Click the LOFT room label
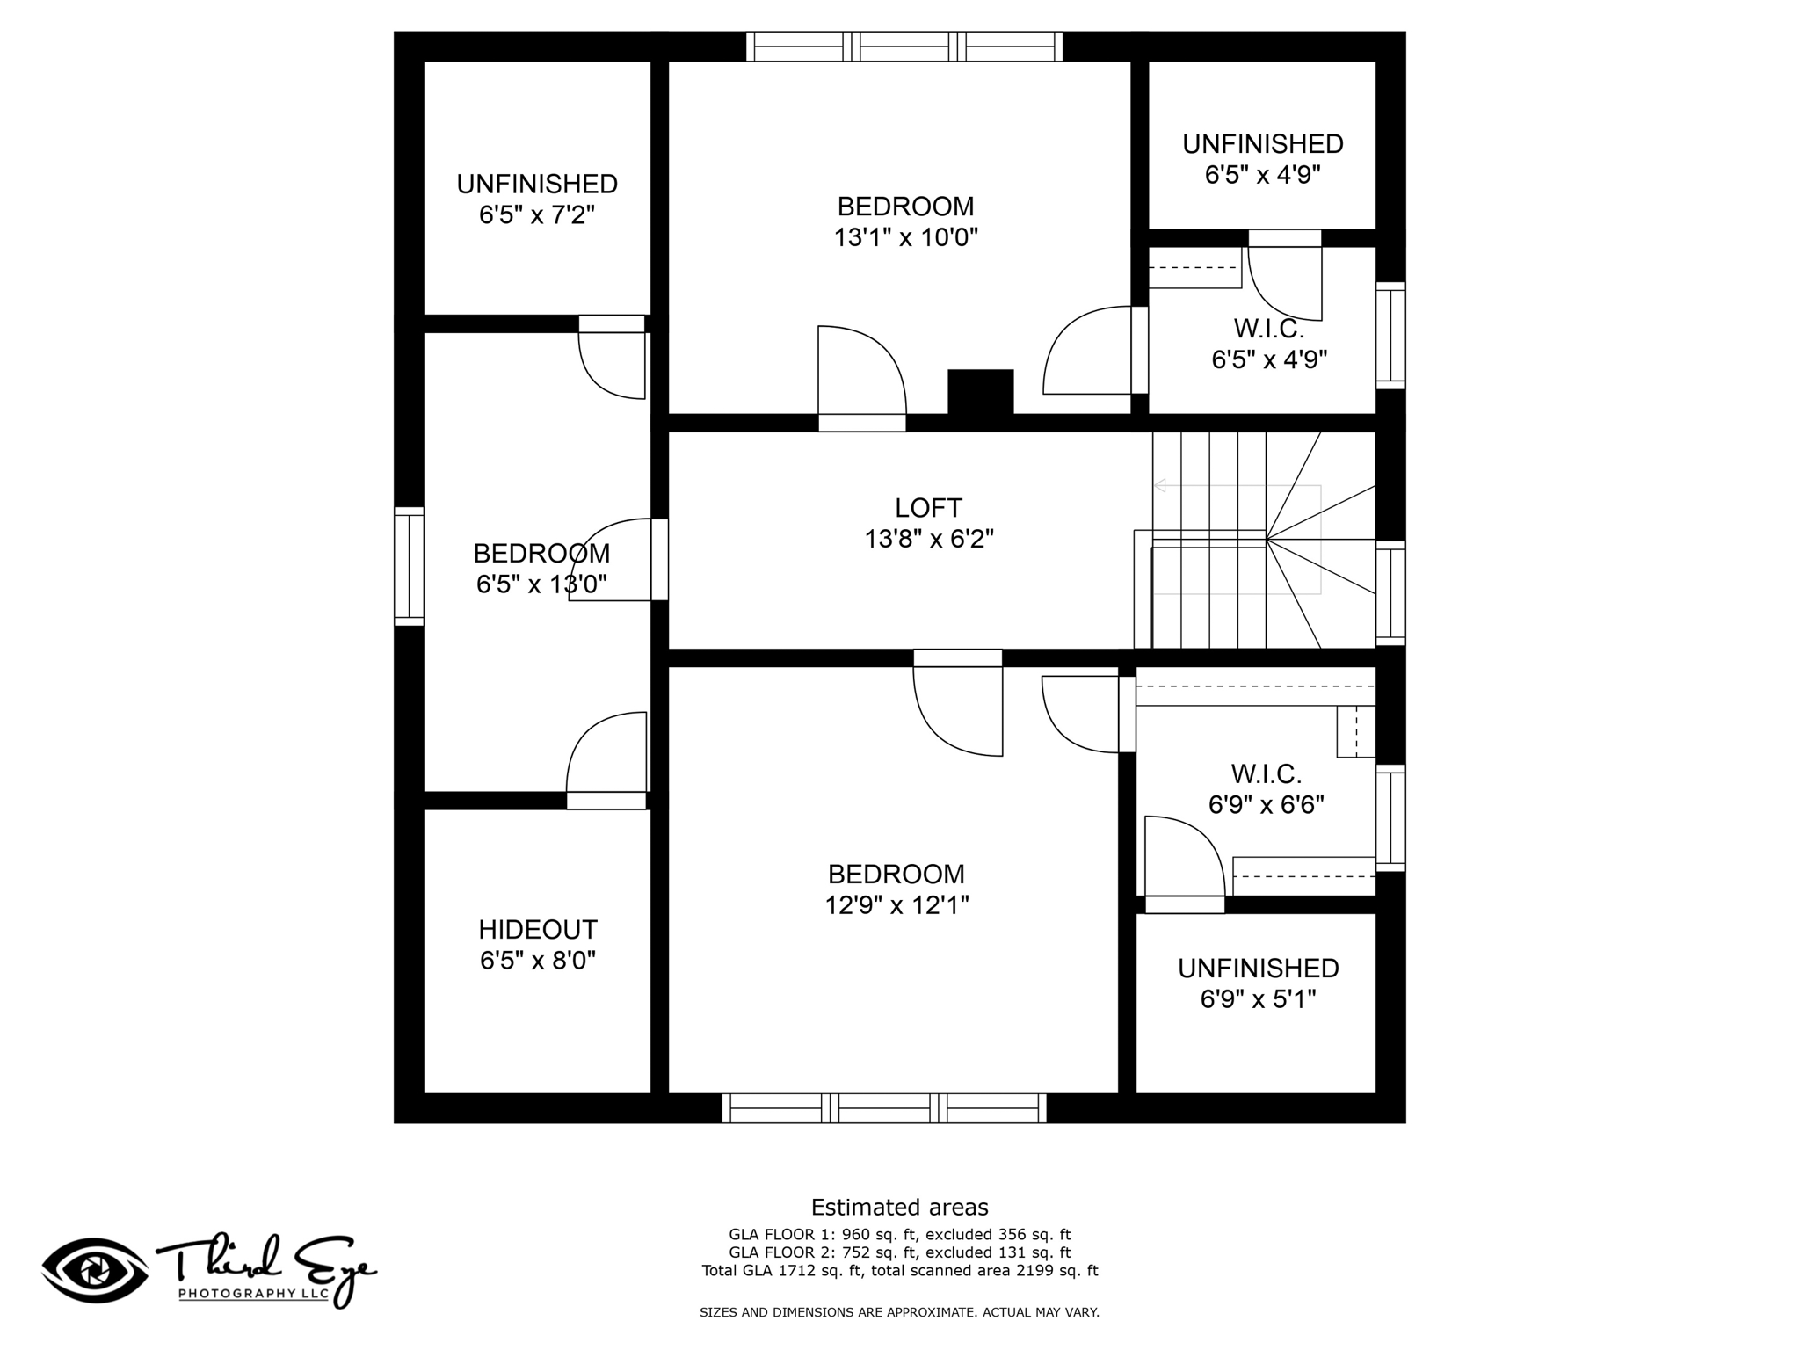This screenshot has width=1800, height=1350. point(928,508)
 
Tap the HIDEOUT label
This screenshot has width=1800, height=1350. point(538,930)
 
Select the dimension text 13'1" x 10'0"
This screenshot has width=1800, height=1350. point(905,237)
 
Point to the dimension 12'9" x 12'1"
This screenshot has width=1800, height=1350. point(896,905)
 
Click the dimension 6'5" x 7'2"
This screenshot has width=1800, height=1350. point(537,214)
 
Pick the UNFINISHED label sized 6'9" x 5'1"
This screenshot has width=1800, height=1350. point(1259,969)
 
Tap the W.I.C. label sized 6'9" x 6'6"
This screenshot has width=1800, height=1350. point(1267,774)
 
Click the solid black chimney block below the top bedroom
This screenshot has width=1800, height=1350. point(980,392)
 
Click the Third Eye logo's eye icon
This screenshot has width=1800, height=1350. point(95,1271)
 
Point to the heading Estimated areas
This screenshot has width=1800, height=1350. point(899,1208)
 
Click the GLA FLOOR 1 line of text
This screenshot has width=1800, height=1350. point(899,1235)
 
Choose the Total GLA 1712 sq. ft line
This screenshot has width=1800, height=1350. point(899,1270)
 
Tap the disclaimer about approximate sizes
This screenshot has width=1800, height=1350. point(899,1312)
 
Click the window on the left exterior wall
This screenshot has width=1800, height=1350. point(409,567)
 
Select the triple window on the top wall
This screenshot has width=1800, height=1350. point(904,47)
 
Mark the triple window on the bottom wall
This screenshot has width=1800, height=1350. point(884,1108)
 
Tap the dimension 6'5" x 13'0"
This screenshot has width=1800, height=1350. point(541,584)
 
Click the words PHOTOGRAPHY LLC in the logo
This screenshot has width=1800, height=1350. point(253,1294)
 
